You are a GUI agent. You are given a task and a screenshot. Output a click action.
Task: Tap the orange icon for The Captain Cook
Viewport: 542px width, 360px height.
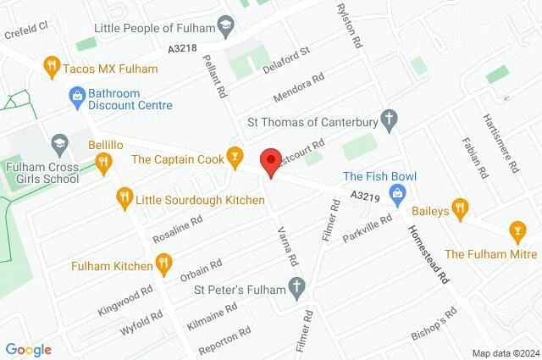click(235, 158)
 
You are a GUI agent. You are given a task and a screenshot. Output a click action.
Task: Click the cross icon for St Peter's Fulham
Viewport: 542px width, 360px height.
click(296, 289)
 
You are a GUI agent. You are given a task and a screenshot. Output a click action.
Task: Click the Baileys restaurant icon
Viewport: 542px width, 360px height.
click(460, 206)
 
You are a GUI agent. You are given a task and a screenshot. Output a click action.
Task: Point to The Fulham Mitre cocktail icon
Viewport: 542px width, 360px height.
click(514, 231)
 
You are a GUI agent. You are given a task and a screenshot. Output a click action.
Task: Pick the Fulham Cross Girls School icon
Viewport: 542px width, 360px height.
click(59, 143)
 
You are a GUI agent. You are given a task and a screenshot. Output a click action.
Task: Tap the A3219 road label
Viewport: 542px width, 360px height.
click(364, 197)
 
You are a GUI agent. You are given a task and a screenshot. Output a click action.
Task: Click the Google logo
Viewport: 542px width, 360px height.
click(28, 350)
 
